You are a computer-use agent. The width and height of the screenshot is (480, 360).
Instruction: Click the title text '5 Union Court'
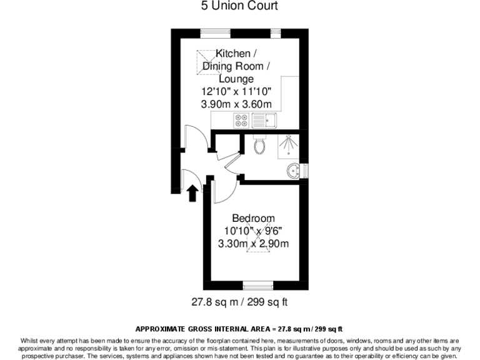pyautogui.click(x=239, y=6)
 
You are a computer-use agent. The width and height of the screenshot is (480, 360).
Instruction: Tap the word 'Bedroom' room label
pyautogui.click(x=253, y=218)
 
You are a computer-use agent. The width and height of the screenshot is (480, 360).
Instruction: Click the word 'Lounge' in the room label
pyautogui.click(x=236, y=79)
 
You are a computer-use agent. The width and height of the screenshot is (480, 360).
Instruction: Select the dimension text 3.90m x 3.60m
pyautogui.click(x=236, y=104)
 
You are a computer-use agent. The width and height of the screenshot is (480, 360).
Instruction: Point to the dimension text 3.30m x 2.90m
pyautogui.click(x=253, y=243)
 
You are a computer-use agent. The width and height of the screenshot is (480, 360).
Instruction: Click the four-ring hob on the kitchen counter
pyautogui.click(x=241, y=120)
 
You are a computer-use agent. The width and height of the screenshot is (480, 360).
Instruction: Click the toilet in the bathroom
pyautogui.click(x=261, y=145)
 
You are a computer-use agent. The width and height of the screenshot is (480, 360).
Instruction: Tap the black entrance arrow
pyautogui.click(x=192, y=193)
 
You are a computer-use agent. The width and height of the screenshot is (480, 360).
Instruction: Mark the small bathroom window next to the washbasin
pyautogui.click(x=304, y=171)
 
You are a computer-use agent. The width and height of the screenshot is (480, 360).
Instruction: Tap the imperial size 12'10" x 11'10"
pyautogui.click(x=236, y=92)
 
